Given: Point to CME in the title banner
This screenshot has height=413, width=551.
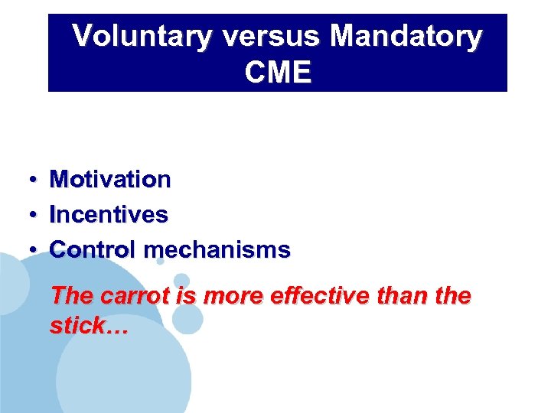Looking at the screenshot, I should tap(279, 73).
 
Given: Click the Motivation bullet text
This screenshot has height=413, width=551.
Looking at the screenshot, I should tap(110, 180).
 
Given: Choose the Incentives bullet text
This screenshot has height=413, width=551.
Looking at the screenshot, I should tap(108, 215).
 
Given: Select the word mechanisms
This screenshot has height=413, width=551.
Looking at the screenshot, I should tap(217, 249).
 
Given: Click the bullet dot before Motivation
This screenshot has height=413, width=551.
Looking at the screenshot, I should tap(34, 180).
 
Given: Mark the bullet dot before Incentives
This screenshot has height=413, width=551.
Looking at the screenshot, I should tap(34, 216).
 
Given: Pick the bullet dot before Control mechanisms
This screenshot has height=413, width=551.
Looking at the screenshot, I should tap(34, 250).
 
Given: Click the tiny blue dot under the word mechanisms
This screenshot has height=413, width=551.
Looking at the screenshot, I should tap(160, 262).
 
